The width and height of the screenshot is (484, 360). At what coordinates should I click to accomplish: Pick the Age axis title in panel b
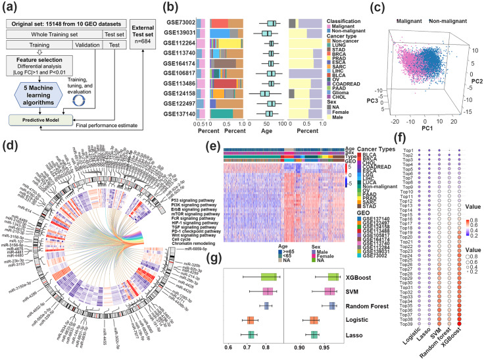pyautogui.click(x=268, y=132)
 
